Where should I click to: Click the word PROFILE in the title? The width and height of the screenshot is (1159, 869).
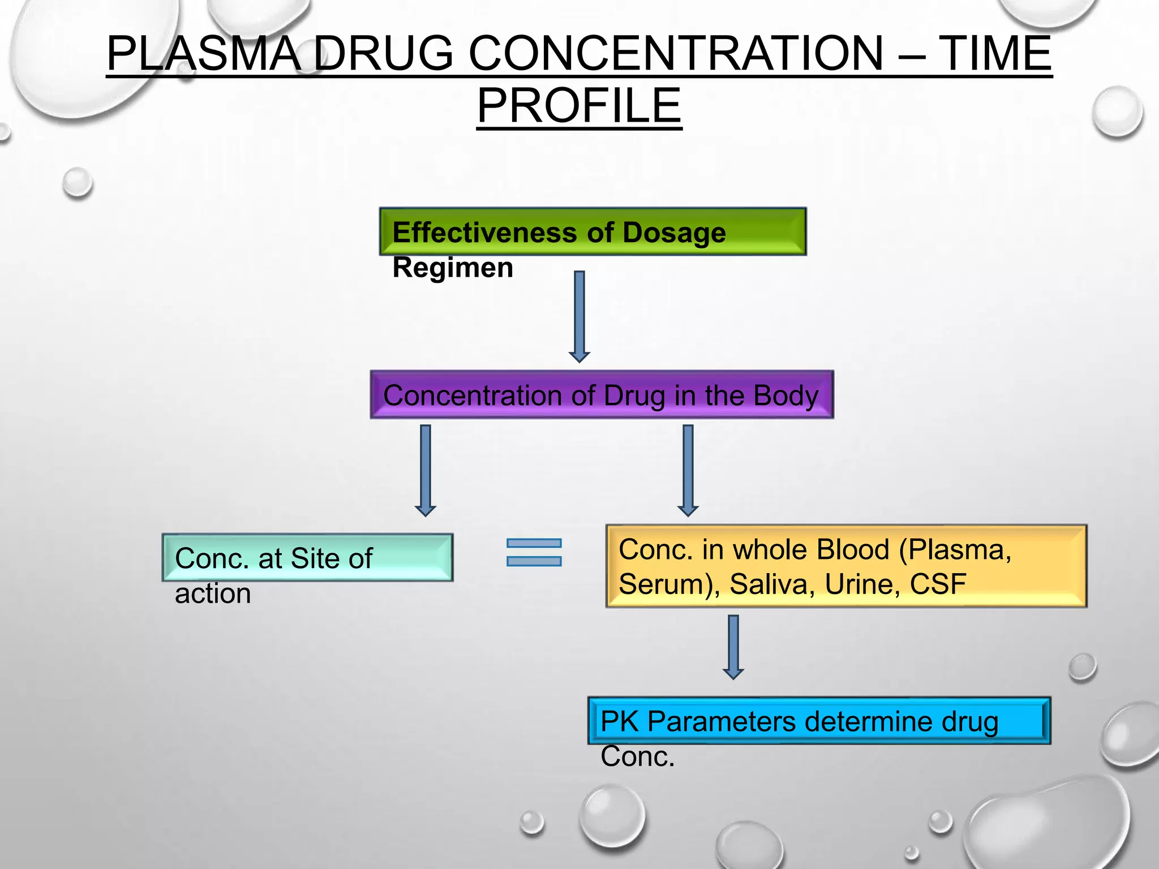pos(579,106)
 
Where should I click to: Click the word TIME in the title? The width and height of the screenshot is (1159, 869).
pos(995,54)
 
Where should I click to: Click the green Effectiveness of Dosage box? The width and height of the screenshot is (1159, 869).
pos(593,232)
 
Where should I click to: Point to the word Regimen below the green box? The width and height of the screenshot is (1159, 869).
pos(453,268)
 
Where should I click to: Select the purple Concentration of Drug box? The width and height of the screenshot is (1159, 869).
pos(602,395)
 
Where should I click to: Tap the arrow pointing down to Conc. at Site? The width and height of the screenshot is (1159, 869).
pos(426,470)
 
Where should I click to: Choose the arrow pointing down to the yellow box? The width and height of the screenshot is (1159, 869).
pos(688,470)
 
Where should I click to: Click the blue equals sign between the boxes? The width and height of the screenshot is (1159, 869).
pos(534,552)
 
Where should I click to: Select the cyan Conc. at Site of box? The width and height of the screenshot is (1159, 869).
pos(307,558)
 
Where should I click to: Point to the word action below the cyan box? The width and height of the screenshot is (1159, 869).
pos(213,593)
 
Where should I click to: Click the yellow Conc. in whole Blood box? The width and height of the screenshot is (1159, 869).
pos(846,566)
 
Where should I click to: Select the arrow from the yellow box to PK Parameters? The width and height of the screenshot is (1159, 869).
pos(733,646)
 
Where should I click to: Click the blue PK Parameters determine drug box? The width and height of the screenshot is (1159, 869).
pos(819,721)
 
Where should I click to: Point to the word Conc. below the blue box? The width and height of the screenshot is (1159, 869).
pos(637,756)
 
